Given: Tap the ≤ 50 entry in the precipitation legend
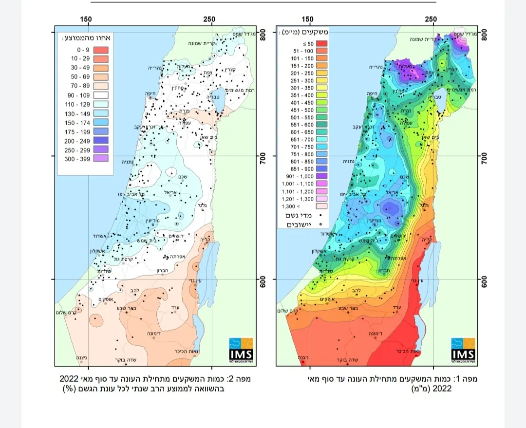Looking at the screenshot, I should click(293, 44).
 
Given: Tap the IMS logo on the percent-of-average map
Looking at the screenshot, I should click(241, 350).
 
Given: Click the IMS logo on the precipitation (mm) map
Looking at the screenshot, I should click(463, 350).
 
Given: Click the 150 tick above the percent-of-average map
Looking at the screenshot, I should click(86, 19).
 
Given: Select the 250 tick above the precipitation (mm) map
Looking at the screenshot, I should click(431, 19).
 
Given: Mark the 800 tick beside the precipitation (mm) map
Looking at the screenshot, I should click(484, 35).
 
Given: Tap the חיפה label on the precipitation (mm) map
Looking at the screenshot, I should click(373, 96).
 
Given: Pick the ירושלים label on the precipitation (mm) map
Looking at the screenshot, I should click(398, 236).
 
